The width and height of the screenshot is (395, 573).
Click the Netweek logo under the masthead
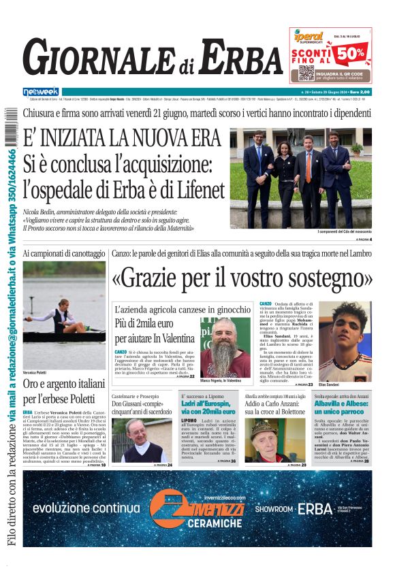pyautogui.click(x=41, y=91)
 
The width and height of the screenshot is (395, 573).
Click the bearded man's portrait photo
pyautogui.click(x=225, y=346)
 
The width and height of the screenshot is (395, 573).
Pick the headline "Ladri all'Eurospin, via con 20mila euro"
pyautogui.click(x=208, y=408)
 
